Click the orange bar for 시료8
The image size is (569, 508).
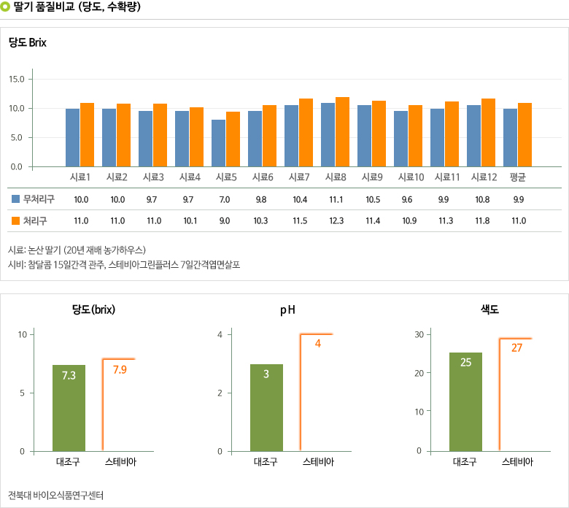[x=343, y=132]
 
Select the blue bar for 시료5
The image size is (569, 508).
[x=219, y=143]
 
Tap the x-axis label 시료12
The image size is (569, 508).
[x=483, y=177]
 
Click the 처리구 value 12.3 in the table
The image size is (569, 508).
[x=336, y=220]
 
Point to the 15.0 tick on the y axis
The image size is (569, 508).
[x=17, y=79]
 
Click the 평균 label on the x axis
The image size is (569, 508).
[x=518, y=177]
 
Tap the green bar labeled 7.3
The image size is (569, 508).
[x=69, y=408]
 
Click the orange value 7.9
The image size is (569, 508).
[x=120, y=370]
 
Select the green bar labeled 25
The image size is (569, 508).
[x=465, y=401]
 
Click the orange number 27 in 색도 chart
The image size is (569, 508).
[x=516, y=348]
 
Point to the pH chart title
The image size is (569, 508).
[x=287, y=310]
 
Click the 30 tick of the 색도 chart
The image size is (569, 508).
[x=420, y=334]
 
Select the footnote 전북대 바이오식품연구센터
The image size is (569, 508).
[x=56, y=495]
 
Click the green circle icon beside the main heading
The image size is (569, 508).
[x=6, y=7]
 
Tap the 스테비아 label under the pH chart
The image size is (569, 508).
[x=318, y=462]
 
